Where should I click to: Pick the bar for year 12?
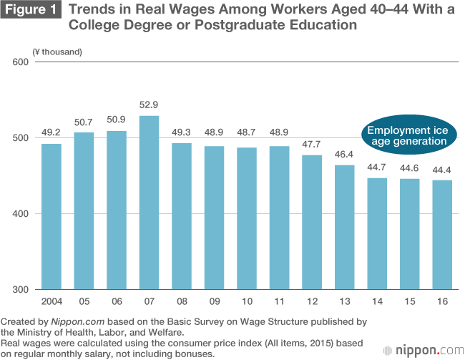click(x=311, y=223)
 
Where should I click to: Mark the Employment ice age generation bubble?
click(x=408, y=135)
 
